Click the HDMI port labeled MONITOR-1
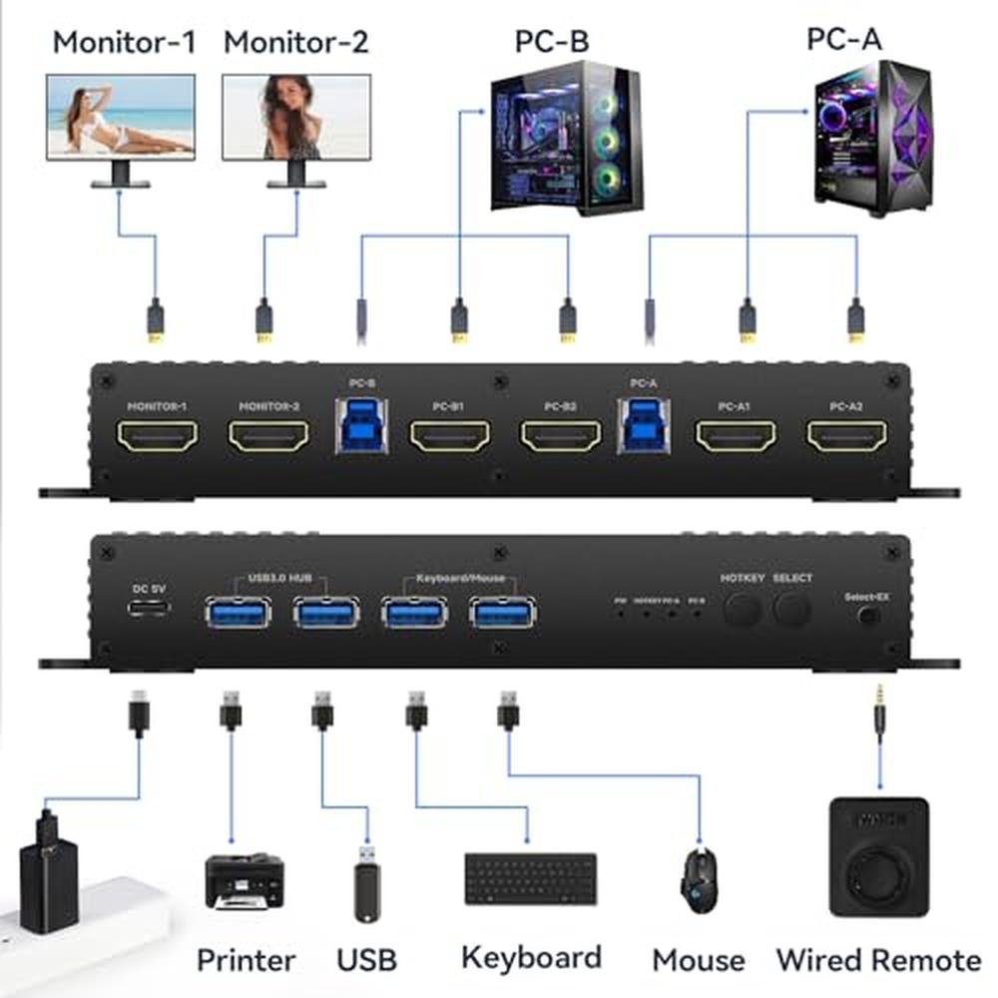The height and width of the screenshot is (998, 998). pyautogui.click(x=158, y=436)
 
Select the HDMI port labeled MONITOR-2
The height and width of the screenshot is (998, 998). pyautogui.click(x=268, y=436)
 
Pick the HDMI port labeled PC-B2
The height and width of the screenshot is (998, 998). pyautogui.click(x=562, y=436)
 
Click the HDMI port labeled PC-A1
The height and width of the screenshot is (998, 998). pyautogui.click(x=736, y=436)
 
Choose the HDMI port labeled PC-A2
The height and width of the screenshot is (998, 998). pyautogui.click(x=847, y=436)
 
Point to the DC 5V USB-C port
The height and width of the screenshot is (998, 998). pyautogui.click(x=148, y=610)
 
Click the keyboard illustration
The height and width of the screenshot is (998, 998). pyautogui.click(x=530, y=878)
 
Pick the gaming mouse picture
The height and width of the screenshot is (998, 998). pyautogui.click(x=698, y=877)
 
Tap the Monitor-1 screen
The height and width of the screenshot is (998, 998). pyautogui.click(x=121, y=116)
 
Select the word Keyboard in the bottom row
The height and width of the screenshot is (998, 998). pyautogui.click(x=531, y=958)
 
